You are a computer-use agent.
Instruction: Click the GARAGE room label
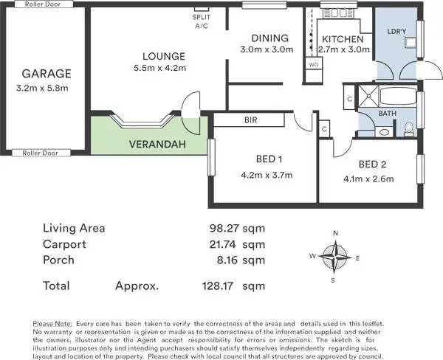[46, 74]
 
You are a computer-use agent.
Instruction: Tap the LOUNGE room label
[164, 56]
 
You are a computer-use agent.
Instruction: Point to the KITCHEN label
[341, 39]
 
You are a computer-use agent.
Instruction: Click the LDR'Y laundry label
[397, 31]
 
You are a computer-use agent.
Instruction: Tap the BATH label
[387, 113]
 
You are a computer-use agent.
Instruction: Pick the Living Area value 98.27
[225, 228]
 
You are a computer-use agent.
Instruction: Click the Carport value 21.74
[225, 244]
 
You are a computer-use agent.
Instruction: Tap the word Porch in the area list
[60, 260]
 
